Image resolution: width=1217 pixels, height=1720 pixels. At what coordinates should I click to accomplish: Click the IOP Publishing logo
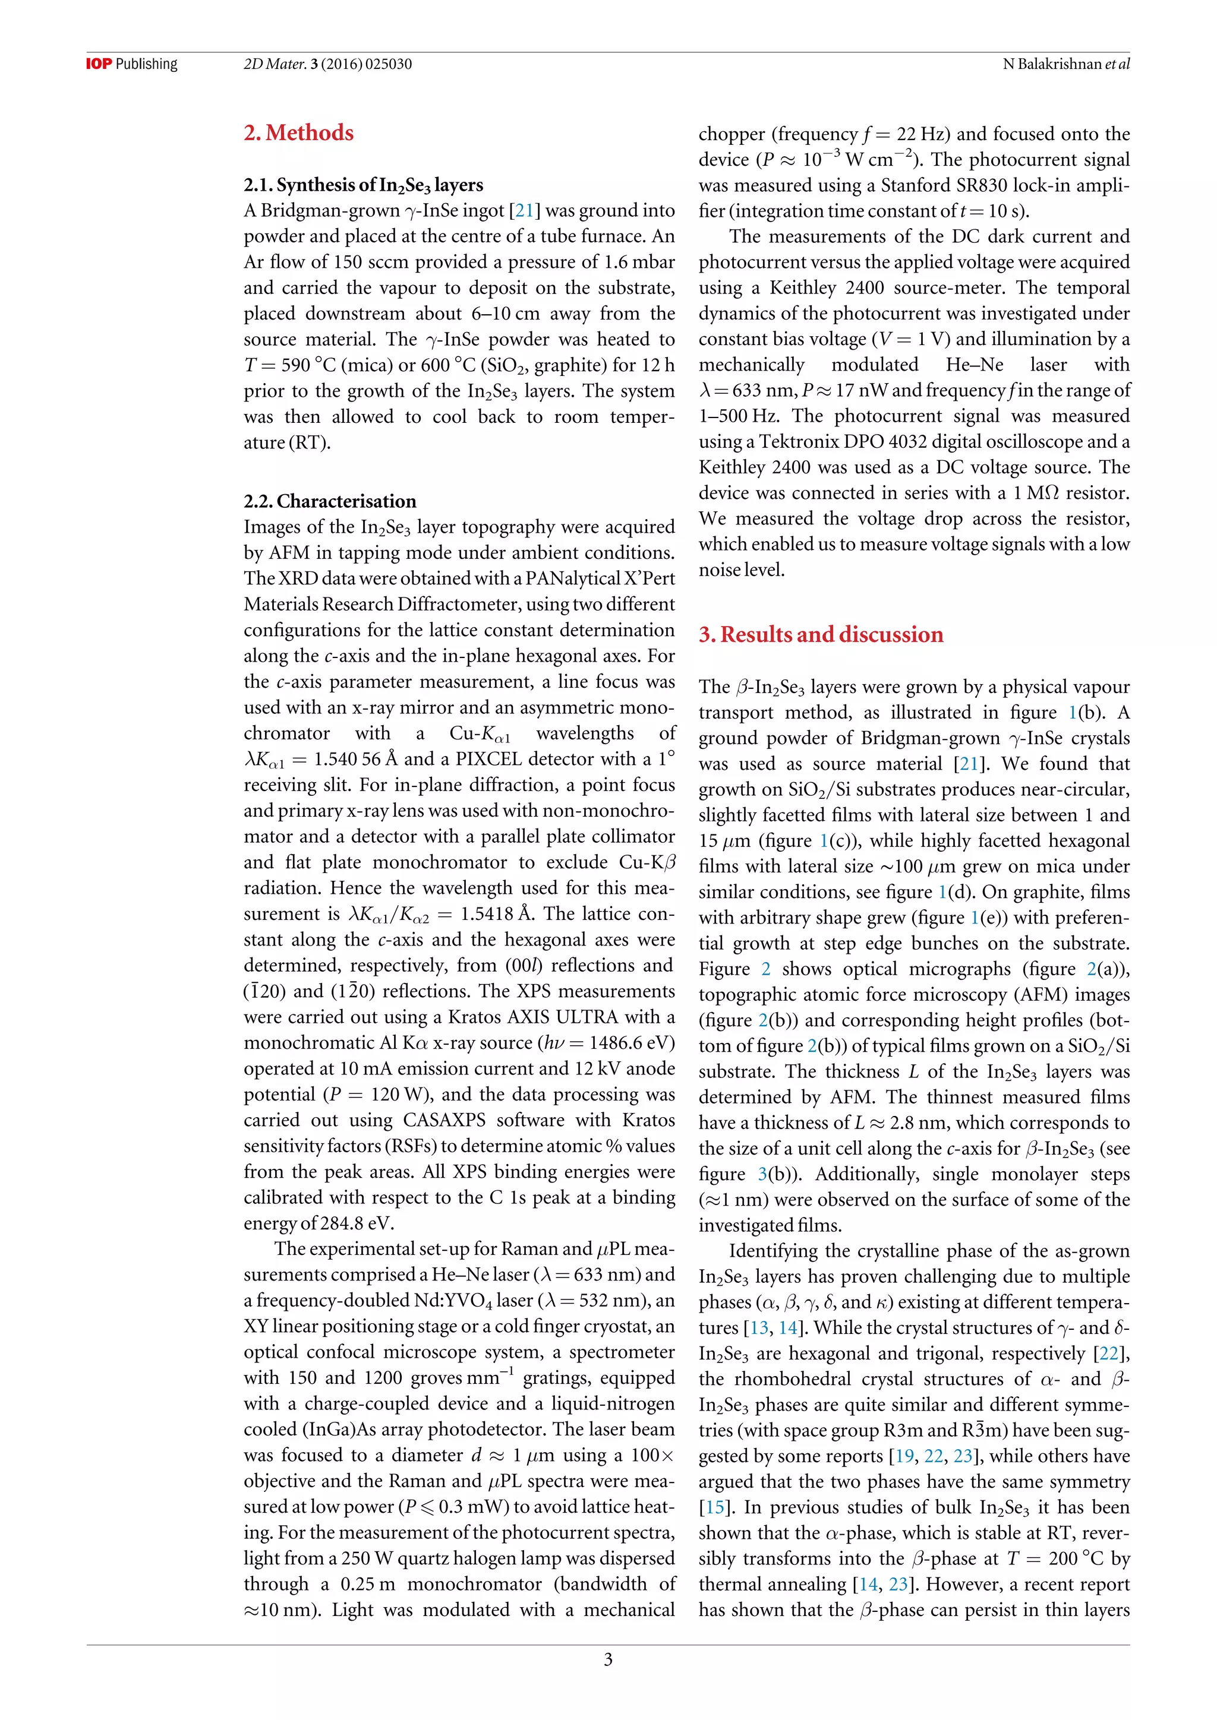(x=132, y=64)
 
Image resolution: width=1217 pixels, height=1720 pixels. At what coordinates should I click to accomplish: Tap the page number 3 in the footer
(x=608, y=1659)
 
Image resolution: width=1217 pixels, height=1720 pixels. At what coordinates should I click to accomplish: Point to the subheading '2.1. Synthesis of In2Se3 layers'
(x=364, y=185)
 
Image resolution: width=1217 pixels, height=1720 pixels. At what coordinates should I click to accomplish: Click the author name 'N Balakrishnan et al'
(x=1065, y=64)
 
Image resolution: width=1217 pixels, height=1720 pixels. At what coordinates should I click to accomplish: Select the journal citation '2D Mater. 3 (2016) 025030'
(x=327, y=64)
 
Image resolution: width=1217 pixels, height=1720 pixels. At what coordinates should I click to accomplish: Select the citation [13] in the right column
(x=759, y=1328)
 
